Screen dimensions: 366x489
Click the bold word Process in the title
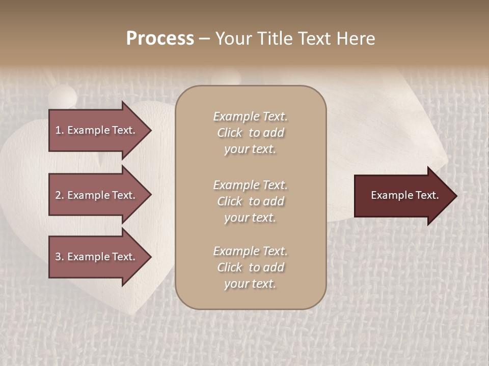[x=160, y=39]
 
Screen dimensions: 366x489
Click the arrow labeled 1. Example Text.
[x=97, y=130]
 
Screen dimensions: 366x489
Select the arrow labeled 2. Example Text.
[x=97, y=195]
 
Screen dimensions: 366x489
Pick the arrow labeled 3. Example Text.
[x=97, y=257]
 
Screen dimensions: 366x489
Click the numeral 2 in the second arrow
[x=58, y=195]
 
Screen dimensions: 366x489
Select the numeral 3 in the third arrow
[x=58, y=257]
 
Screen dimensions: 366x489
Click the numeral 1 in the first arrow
[x=58, y=130]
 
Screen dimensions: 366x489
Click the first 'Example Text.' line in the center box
[x=250, y=116]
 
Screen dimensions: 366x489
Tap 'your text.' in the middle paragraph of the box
[x=250, y=218]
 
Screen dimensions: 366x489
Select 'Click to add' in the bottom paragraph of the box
[x=250, y=267]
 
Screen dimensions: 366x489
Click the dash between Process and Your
[x=204, y=39]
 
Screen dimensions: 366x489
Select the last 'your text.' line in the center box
[x=250, y=284]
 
